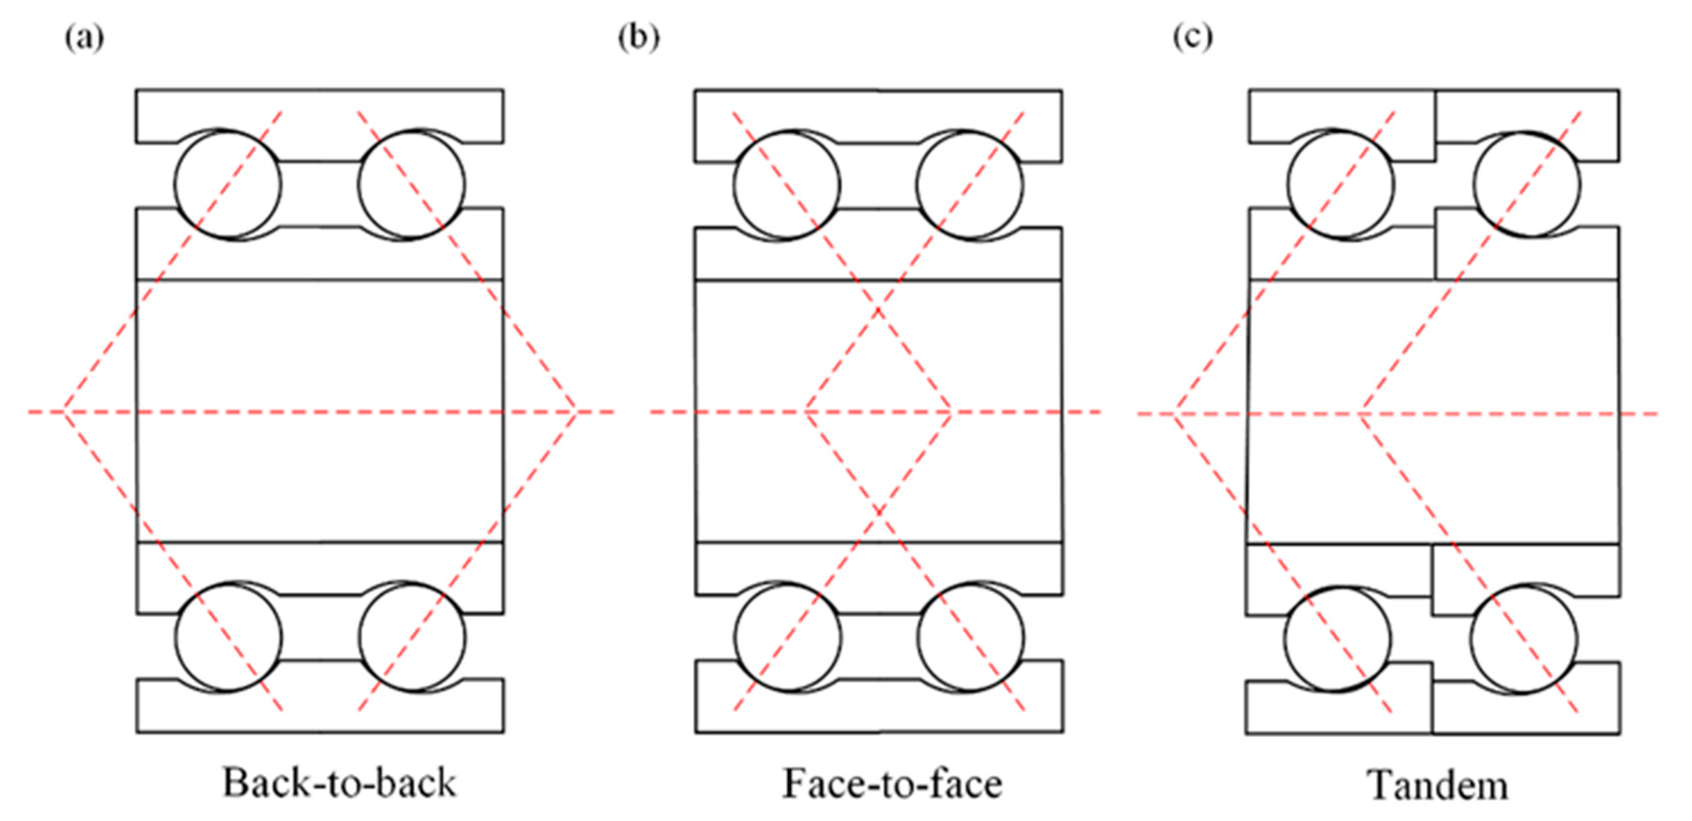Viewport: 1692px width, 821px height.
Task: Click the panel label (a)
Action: (x=84, y=38)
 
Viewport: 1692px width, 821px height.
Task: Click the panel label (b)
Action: (x=639, y=38)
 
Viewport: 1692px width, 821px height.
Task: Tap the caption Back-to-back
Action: (x=339, y=783)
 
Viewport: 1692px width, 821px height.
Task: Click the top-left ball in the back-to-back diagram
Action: (x=227, y=185)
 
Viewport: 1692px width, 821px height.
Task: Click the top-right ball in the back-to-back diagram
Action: (x=412, y=185)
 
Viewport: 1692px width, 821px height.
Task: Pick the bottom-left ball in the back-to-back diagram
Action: (x=228, y=637)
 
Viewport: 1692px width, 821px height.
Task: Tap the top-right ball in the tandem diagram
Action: (x=1526, y=185)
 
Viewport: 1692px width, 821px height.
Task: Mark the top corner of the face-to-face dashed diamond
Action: (x=878, y=309)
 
